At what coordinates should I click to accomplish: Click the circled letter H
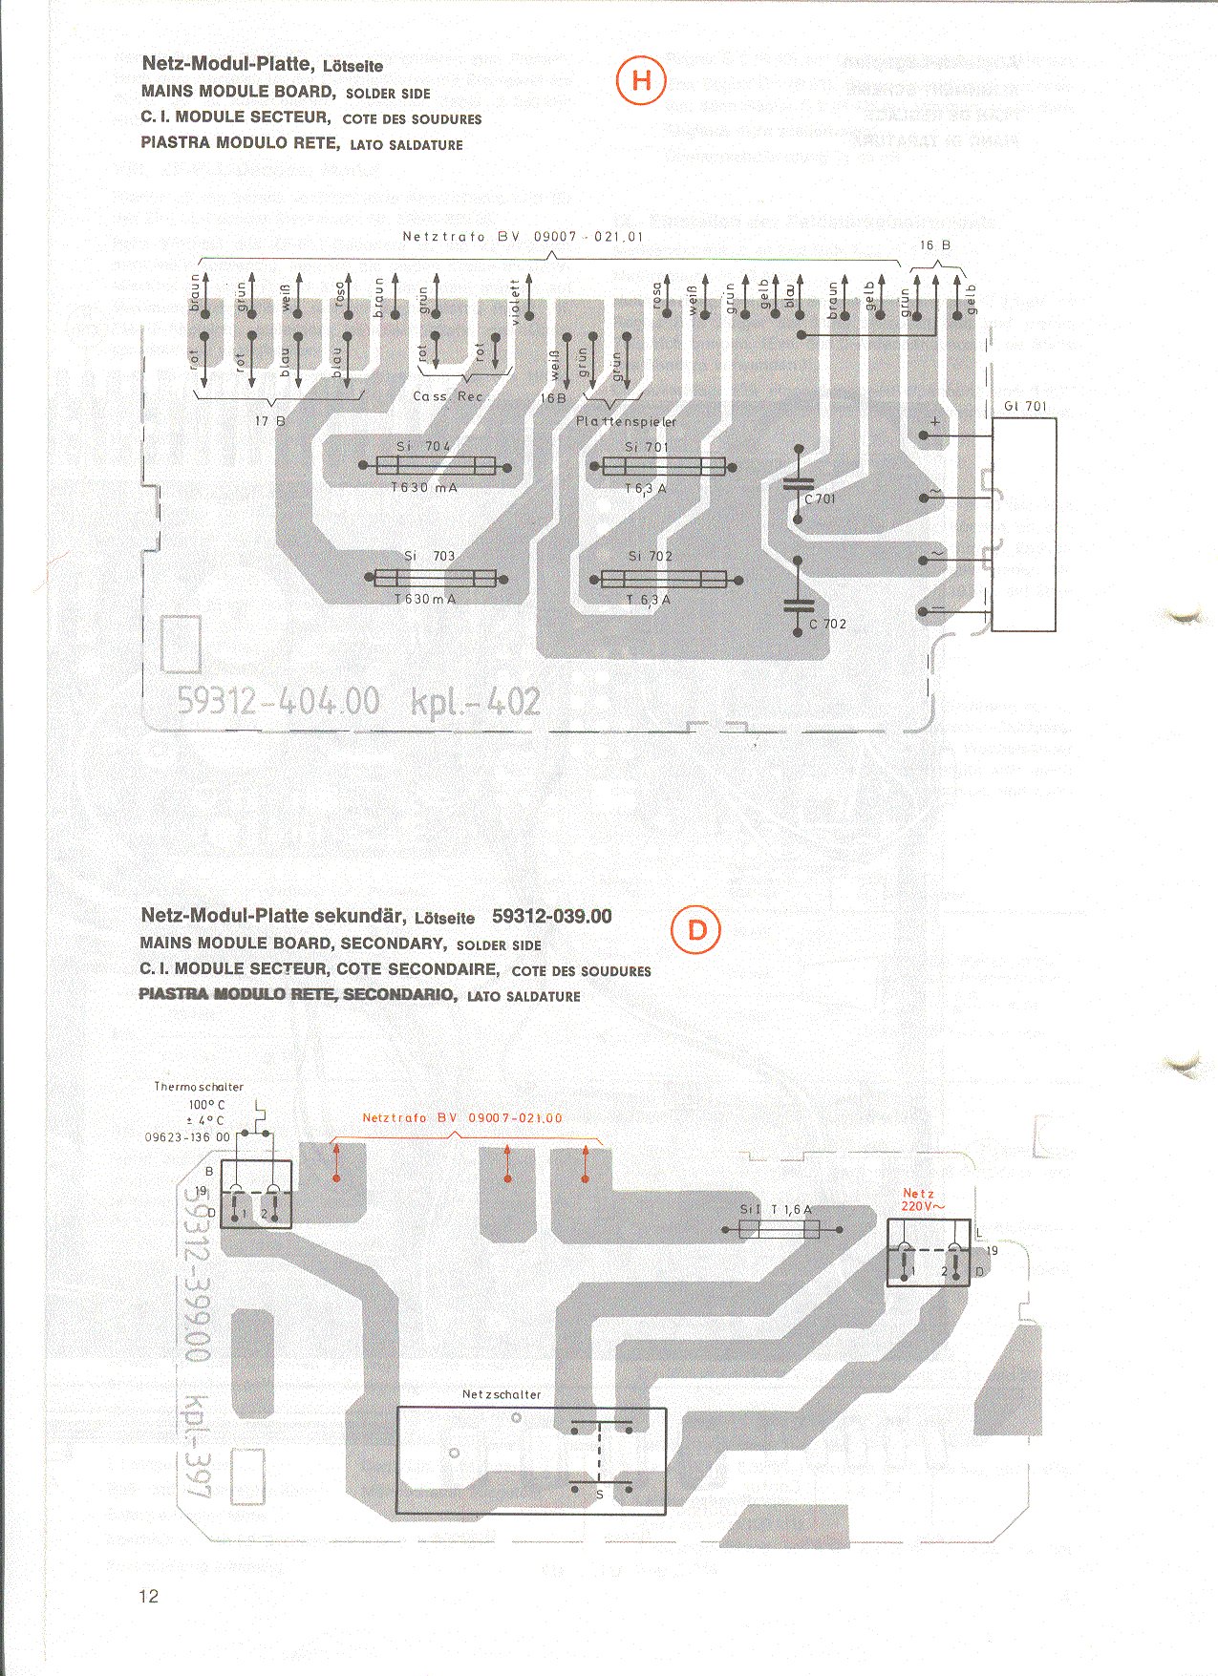pos(641,81)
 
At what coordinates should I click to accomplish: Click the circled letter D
pos(696,930)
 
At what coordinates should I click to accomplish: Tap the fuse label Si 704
pos(423,446)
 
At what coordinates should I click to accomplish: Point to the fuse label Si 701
pos(647,446)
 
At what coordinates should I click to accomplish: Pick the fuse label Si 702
pos(650,556)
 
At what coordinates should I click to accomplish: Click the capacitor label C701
pos(820,499)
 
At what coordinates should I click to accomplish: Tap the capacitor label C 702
pos(827,625)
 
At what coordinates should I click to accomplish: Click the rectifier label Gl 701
pos(1025,407)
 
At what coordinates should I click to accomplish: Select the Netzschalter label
pos(502,1394)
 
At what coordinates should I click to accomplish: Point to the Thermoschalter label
pos(199,1087)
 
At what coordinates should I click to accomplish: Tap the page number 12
pos(149,1596)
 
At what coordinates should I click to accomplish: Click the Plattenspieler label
pos(626,421)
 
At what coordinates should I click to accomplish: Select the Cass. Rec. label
pos(448,396)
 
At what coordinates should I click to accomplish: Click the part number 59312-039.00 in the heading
pos(552,917)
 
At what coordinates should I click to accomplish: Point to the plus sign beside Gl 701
pos(935,421)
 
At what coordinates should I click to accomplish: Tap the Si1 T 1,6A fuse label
pos(776,1210)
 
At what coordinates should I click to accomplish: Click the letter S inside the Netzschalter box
pos(600,1495)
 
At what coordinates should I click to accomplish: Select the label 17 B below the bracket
pos(270,420)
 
